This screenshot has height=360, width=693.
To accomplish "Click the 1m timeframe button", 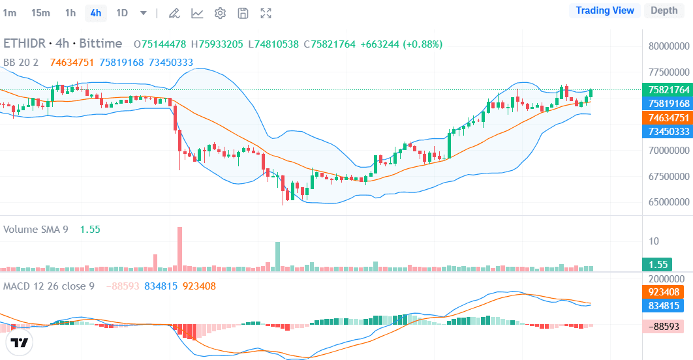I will coord(10,13).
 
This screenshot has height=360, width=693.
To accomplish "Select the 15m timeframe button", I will coord(40,13).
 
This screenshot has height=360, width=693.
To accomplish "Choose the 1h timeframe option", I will coord(70,13).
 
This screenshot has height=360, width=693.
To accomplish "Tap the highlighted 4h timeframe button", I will coord(96,13).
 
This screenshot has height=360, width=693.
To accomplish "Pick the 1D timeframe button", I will coord(122,13).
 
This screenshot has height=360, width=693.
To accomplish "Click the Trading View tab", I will coord(605,10).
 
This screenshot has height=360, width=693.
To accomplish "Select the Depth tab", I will coord(664,10).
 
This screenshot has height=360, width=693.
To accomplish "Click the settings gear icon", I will coord(221,13).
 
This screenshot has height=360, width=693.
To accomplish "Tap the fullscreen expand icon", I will coord(266,13).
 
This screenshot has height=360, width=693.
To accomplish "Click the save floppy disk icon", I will coord(243,13).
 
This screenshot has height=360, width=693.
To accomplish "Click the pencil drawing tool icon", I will coord(174,13).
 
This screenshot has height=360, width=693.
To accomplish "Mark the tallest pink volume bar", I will coord(179,248).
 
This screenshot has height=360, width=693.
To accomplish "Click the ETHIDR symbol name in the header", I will coord(25,44).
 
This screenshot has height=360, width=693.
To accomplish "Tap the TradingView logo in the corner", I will coord(20,343).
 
